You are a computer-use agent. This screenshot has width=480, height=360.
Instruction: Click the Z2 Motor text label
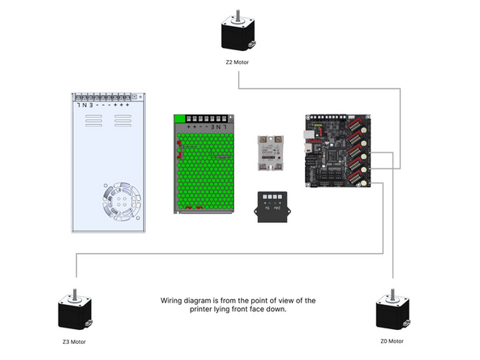pos(238,62)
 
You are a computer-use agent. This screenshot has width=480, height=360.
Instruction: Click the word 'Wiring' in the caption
pos(173,301)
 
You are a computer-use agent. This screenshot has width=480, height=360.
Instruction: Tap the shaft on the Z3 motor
pos(75,294)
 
